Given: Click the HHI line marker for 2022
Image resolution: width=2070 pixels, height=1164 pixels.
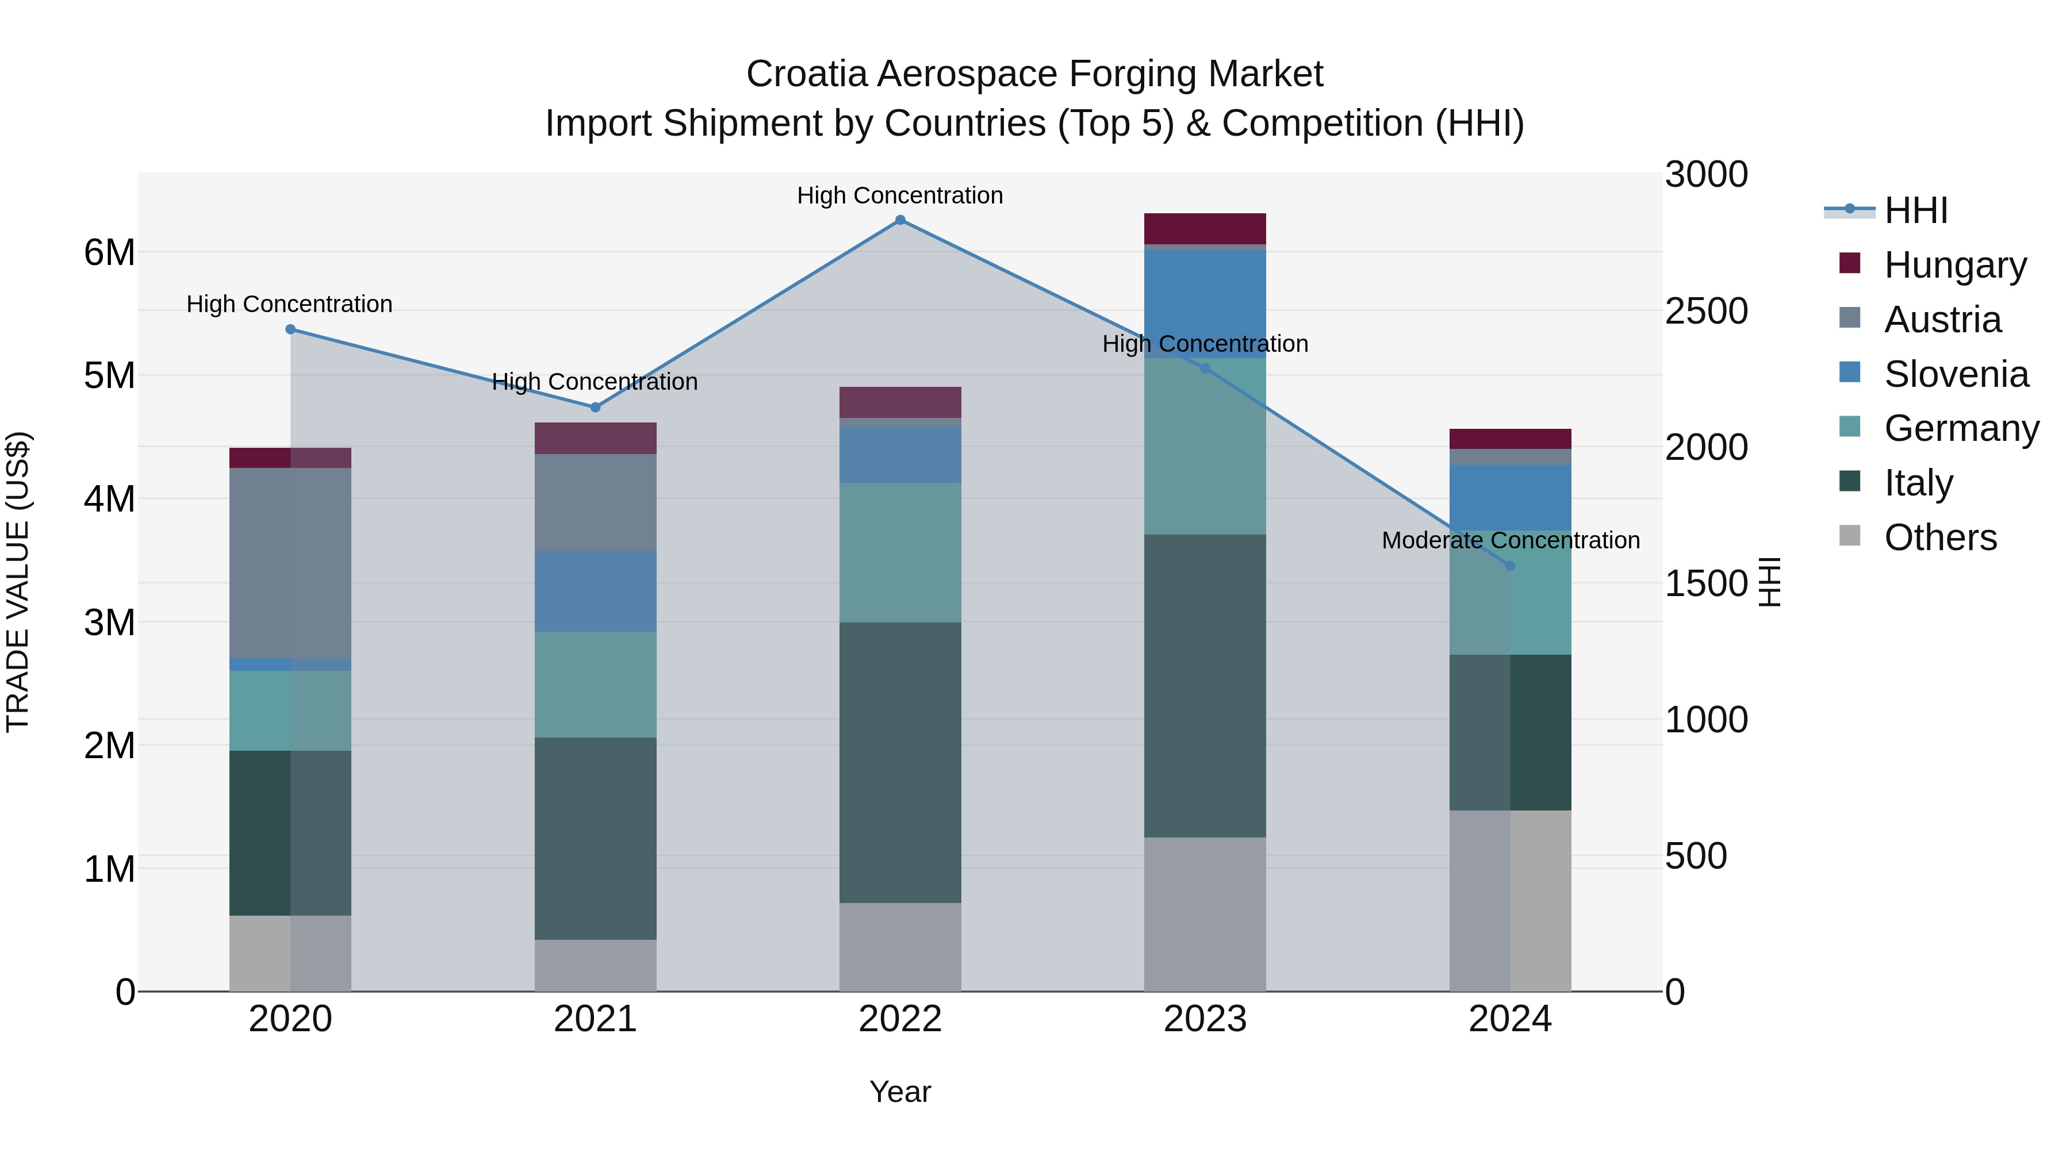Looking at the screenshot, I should [900, 220].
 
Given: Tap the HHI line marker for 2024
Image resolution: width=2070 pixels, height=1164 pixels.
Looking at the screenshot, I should [1510, 566].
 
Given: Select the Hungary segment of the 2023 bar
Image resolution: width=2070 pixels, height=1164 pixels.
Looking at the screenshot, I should [1205, 228].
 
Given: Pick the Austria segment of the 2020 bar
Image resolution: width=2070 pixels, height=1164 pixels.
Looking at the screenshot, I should [290, 562].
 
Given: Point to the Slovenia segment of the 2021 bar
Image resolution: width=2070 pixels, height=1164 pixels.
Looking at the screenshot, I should [596, 591].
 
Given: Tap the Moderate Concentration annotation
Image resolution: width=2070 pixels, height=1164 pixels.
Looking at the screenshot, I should [1510, 541].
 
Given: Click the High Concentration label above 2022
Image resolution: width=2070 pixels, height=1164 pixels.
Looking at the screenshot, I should [900, 195].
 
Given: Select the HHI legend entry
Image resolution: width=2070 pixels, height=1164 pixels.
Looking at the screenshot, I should [1916, 210].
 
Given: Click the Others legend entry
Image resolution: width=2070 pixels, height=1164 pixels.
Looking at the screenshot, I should [1940, 537].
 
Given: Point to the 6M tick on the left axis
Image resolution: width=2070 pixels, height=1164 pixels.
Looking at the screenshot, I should [109, 252].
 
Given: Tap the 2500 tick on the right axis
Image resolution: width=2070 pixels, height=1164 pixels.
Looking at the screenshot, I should [1705, 311].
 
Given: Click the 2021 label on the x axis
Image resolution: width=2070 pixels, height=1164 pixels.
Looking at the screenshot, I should [596, 1019].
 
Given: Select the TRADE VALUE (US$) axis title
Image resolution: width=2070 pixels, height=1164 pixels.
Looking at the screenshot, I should [18, 582].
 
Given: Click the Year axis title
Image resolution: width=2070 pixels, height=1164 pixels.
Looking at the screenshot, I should [900, 1092].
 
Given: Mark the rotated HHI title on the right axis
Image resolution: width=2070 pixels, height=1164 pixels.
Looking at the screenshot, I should [1769, 582].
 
